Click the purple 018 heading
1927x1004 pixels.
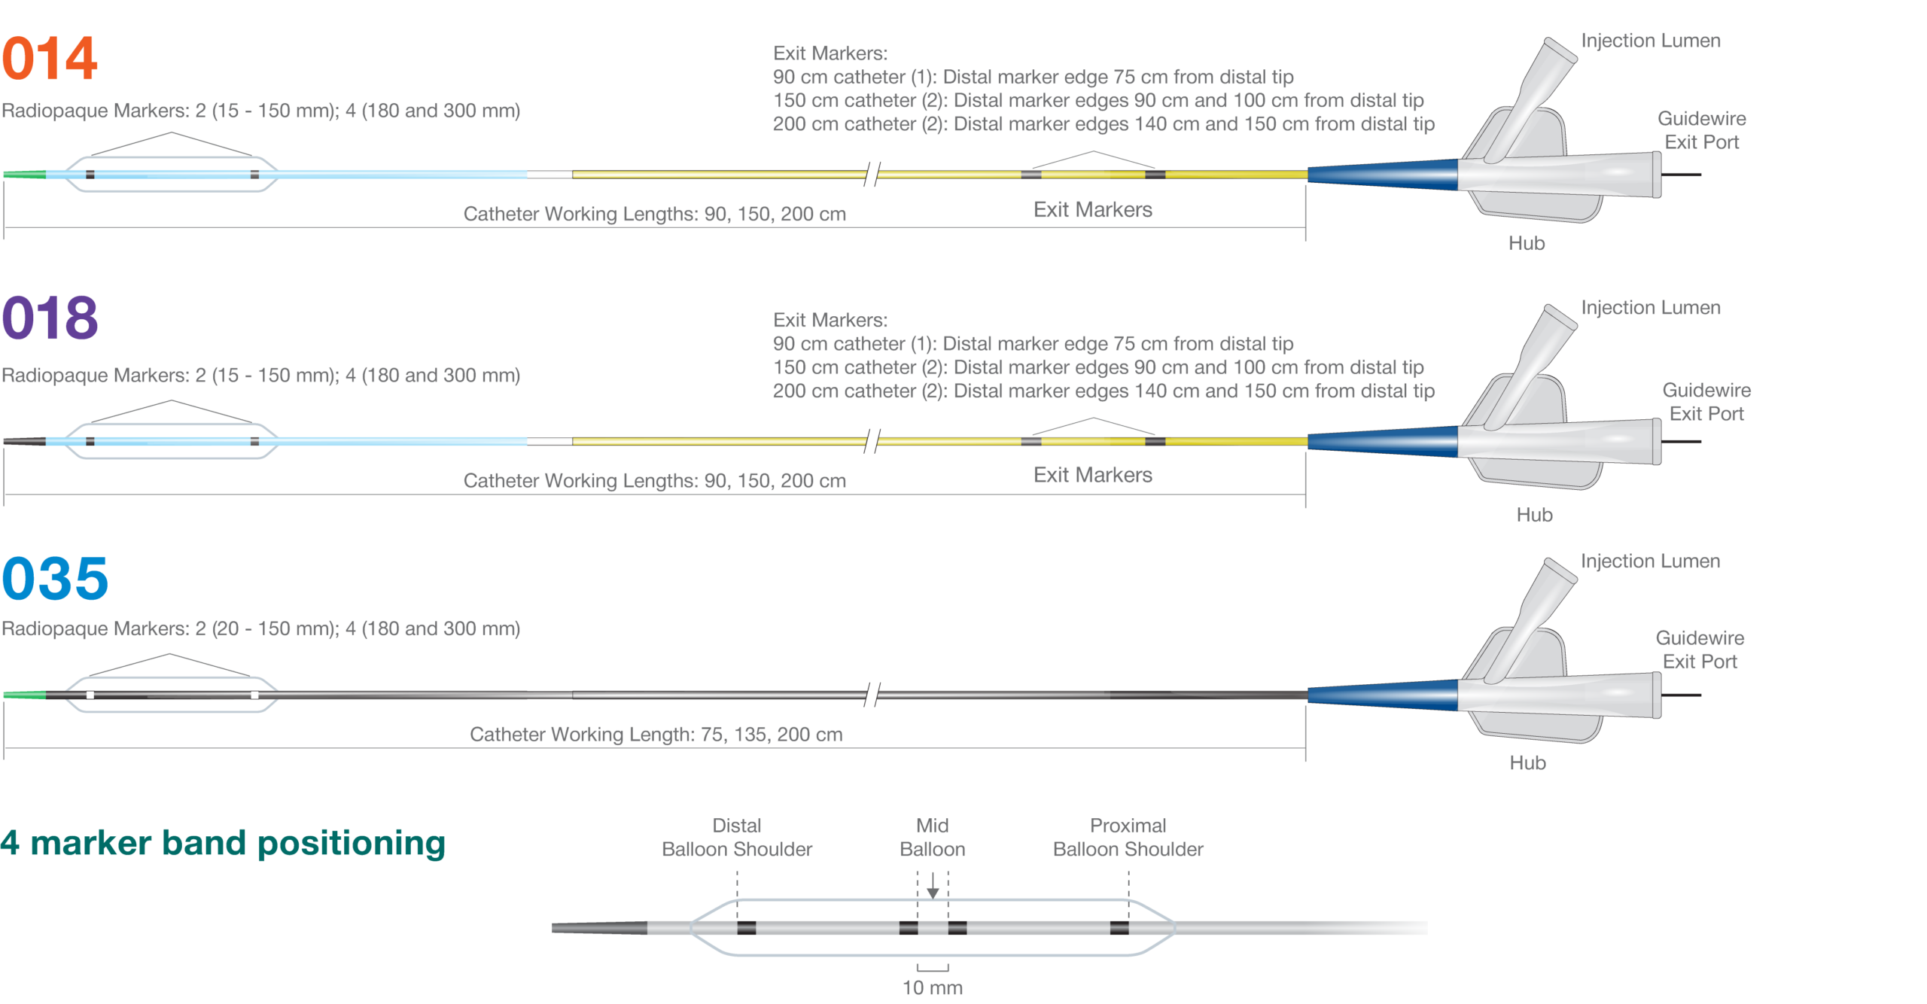50,318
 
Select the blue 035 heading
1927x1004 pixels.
55,578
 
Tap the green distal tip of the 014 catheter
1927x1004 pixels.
25,175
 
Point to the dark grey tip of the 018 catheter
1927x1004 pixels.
25,442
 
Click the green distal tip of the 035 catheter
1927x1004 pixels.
25,695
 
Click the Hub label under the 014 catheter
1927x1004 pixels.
1527,243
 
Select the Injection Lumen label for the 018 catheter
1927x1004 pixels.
1651,308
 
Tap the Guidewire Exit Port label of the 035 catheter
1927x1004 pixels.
1700,650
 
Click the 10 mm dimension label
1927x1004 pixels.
933,987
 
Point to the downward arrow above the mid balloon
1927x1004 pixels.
933,885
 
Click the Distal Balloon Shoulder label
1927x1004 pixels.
737,837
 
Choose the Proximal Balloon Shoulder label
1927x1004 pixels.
1128,837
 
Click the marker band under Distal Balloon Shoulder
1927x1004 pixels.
747,928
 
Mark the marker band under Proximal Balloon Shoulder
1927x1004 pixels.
1119,928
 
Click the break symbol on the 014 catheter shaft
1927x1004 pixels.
872,175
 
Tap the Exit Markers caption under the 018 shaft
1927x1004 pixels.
1093,475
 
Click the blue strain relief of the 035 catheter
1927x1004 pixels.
1383,695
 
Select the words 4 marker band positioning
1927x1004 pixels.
223,843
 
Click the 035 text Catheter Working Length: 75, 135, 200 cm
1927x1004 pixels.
656,734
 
